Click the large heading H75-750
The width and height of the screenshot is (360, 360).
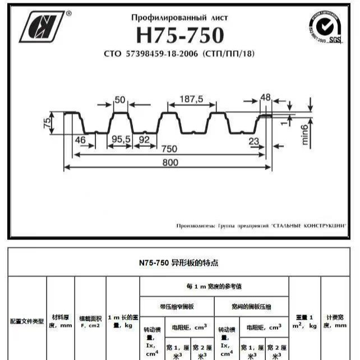[x=179, y=35]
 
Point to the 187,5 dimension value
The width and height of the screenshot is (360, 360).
[x=191, y=99]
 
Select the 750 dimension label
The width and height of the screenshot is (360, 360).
[x=168, y=149]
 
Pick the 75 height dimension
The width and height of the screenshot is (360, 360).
[x=48, y=122]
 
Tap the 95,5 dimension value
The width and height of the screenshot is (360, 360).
[x=120, y=139]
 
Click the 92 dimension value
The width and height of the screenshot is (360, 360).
[x=145, y=139]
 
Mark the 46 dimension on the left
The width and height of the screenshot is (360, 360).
[x=80, y=140]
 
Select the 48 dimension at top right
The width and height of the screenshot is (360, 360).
[x=266, y=98]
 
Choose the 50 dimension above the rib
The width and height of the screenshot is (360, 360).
[x=119, y=100]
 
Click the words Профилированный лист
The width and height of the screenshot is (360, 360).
[x=179, y=18]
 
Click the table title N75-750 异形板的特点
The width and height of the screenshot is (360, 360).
[x=179, y=262]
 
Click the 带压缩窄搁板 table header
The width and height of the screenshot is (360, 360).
[x=177, y=306]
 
